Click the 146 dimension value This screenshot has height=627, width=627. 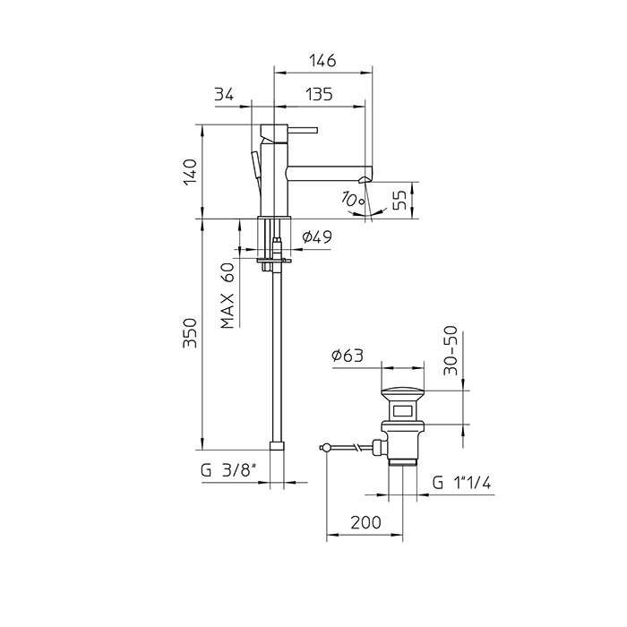pyautogui.click(x=322, y=61)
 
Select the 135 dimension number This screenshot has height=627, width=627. pyautogui.click(x=319, y=95)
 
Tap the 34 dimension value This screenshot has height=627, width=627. pyautogui.click(x=224, y=95)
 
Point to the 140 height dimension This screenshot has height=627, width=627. pyautogui.click(x=191, y=172)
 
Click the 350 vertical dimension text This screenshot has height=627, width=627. pyautogui.click(x=190, y=332)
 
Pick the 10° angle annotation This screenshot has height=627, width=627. pyautogui.click(x=354, y=198)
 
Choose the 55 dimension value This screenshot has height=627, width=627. pyautogui.click(x=399, y=200)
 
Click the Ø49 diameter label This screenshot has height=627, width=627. pyautogui.click(x=317, y=237)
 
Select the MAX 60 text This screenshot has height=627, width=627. pyautogui.click(x=228, y=296)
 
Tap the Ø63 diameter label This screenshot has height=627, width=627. pyautogui.click(x=348, y=355)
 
